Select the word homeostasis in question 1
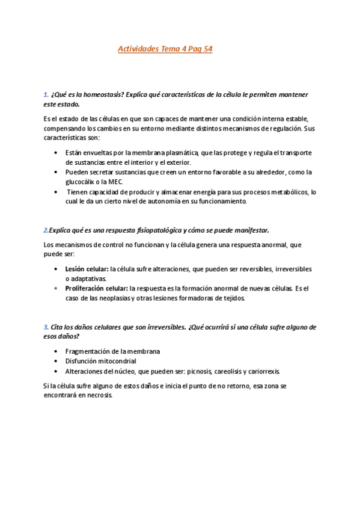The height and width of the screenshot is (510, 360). [x=88, y=94]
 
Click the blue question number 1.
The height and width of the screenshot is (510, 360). [x=46, y=94]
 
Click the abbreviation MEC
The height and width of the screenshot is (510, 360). [x=117, y=182]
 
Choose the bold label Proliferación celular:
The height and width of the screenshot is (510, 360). [x=96, y=289]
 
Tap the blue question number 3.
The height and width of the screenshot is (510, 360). [x=46, y=327]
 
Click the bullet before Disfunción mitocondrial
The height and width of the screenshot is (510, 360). [x=56, y=361]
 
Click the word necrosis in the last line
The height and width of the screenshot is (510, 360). [x=100, y=396]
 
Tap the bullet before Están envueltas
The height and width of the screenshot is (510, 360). [x=56, y=153]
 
